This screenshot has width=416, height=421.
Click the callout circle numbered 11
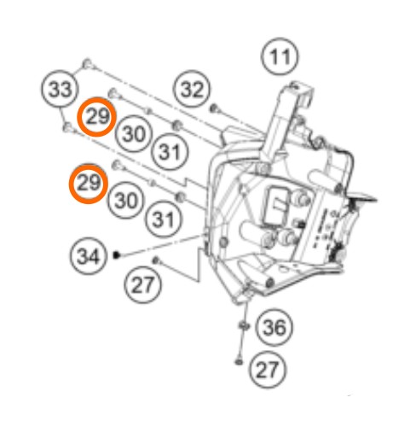(x=280, y=56)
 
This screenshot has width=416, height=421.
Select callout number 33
(x=60, y=89)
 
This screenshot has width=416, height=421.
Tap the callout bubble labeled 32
(x=193, y=89)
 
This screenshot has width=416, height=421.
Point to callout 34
(x=88, y=256)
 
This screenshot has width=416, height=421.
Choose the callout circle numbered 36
(x=274, y=327)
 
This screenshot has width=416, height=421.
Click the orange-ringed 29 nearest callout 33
(x=97, y=117)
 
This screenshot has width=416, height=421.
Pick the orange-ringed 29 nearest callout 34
(x=89, y=183)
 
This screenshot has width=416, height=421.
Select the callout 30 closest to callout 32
(x=134, y=133)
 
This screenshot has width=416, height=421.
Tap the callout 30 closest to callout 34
(x=125, y=200)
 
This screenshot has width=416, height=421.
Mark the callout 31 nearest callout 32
(x=170, y=151)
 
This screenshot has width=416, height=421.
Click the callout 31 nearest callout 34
(x=164, y=219)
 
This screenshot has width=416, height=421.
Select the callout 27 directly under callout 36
(x=268, y=370)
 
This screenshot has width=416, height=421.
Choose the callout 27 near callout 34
(x=142, y=284)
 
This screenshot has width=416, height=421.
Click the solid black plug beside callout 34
(x=116, y=254)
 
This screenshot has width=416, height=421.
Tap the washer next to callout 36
(x=243, y=325)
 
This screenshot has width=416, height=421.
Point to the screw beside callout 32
(x=214, y=108)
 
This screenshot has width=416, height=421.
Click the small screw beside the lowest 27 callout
(x=239, y=362)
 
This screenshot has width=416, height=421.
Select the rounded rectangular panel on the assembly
(x=275, y=204)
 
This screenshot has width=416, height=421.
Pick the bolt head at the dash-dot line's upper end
(x=87, y=63)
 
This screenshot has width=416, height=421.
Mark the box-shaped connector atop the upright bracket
(x=302, y=93)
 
